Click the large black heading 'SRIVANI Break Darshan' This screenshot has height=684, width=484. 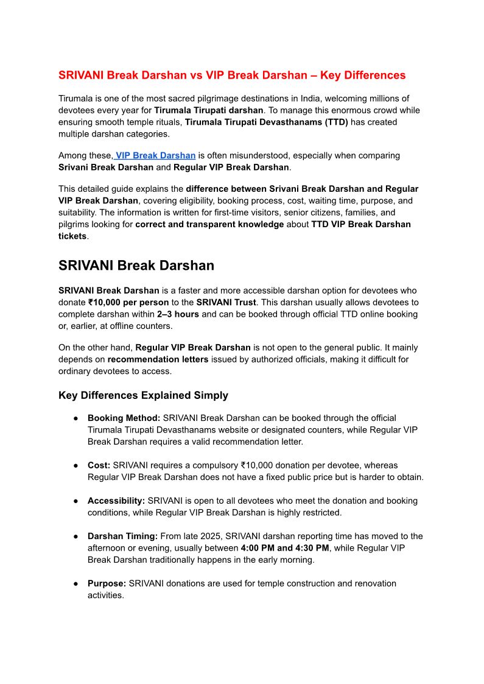(x=136, y=266)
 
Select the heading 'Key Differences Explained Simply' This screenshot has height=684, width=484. (x=143, y=395)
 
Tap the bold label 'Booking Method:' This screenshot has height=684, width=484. (x=124, y=418)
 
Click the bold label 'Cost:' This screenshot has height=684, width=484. (x=99, y=465)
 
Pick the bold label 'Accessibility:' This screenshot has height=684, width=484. (x=116, y=501)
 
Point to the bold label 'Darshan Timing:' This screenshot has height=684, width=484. (x=122, y=536)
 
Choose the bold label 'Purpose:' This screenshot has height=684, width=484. (x=107, y=584)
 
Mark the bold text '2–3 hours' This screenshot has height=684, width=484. (x=178, y=314)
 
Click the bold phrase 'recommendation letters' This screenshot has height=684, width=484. (x=158, y=359)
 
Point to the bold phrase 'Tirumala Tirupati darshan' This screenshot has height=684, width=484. (x=209, y=110)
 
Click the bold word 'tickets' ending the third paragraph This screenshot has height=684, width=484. (x=72, y=236)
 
